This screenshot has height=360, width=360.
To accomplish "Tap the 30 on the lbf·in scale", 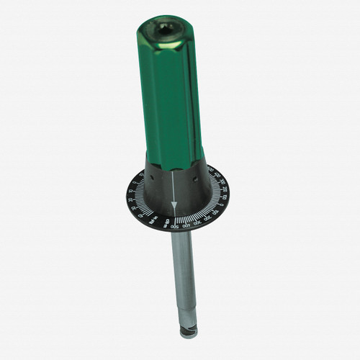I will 135,207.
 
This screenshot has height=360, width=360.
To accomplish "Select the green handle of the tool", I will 171,94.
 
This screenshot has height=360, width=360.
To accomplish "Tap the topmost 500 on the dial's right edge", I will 212,170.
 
